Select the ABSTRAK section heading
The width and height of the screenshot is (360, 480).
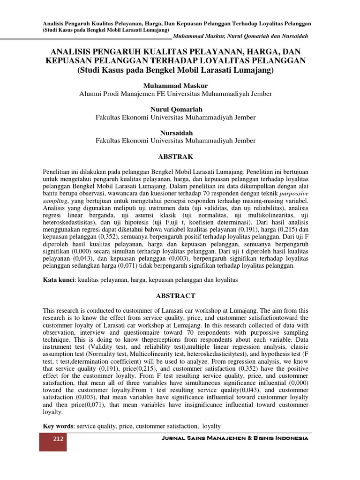click(x=176, y=156)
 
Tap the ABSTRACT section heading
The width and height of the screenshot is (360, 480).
click(x=176, y=296)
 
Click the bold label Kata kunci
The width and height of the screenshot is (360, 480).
click(x=59, y=280)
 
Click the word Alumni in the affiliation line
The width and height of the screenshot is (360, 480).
click(x=91, y=94)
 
